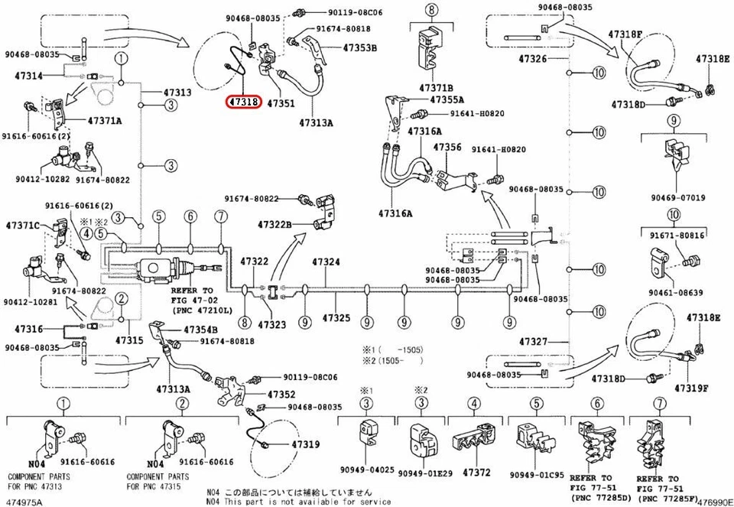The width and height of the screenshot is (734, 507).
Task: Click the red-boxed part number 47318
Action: tap(244, 101)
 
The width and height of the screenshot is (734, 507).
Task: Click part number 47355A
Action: tap(447, 99)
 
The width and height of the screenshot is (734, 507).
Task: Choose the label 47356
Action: tap(447, 147)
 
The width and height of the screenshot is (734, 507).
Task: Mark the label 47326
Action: tap(533, 59)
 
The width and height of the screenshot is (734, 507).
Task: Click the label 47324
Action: tap(326, 262)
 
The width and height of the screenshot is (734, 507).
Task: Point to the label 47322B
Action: tap(274, 224)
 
